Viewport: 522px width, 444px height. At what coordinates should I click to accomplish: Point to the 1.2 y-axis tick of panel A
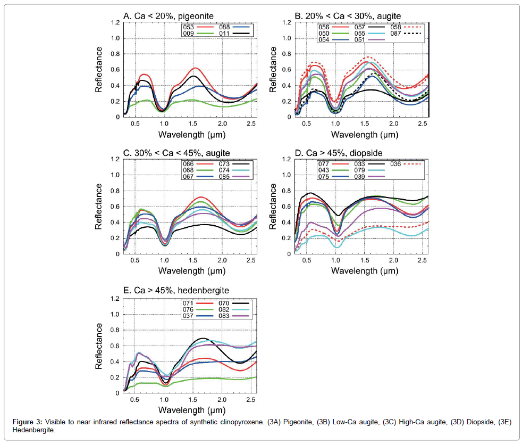pyautogui.click(x=115, y=22)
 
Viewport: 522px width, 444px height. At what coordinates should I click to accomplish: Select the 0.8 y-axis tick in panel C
pyautogui.click(x=115, y=191)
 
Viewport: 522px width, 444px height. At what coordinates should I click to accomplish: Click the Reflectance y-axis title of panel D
pyautogui.click(x=273, y=207)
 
